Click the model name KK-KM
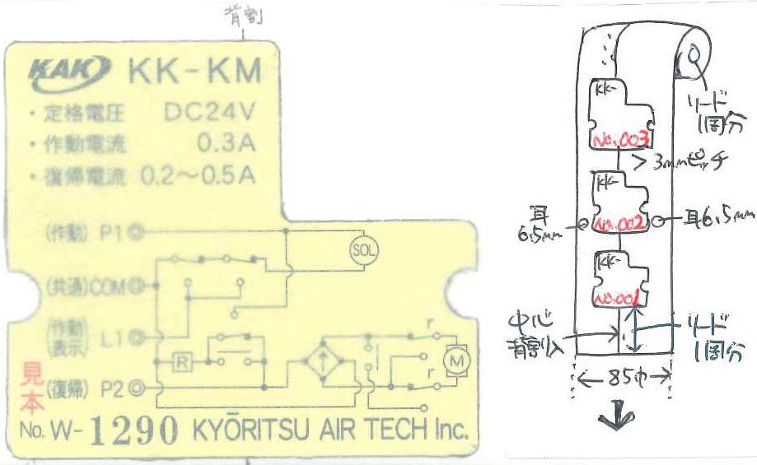(x=194, y=72)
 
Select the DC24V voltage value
(x=209, y=113)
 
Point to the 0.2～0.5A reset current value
(x=198, y=174)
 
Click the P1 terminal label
(x=108, y=233)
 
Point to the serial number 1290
(x=133, y=430)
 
